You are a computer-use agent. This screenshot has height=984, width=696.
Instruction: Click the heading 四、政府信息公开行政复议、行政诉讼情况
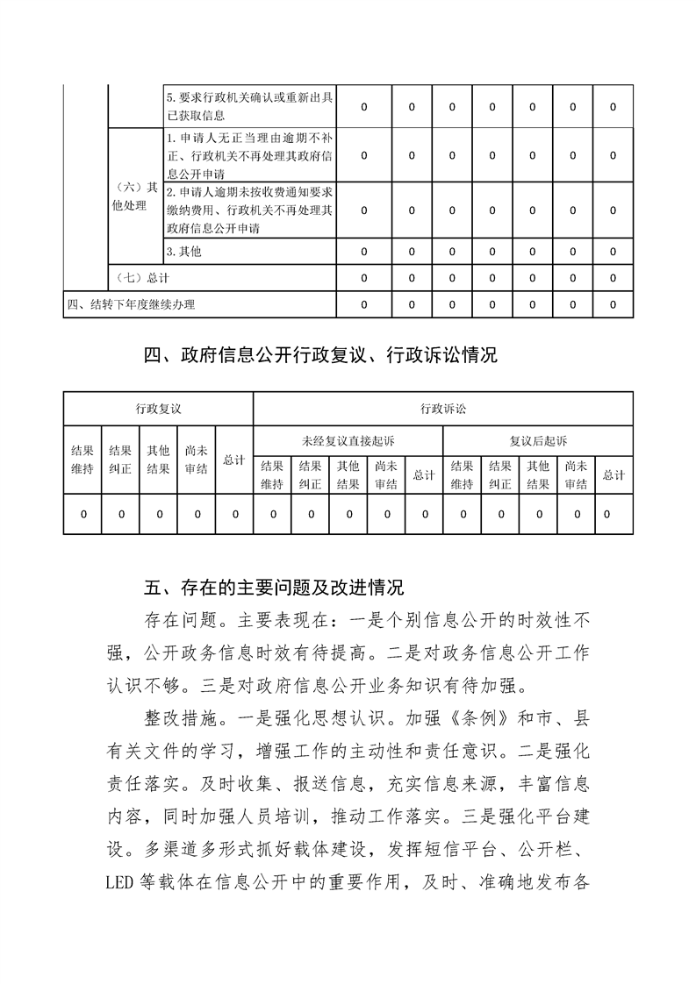click(x=320, y=356)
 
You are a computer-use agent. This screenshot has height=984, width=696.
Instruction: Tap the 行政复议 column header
click(x=158, y=409)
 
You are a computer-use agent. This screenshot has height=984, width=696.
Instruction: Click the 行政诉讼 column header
click(x=443, y=409)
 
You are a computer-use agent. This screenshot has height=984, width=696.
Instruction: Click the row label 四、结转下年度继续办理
click(x=131, y=304)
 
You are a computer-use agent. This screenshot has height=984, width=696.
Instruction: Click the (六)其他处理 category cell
click(x=135, y=196)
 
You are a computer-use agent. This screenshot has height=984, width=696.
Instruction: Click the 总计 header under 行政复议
click(x=233, y=460)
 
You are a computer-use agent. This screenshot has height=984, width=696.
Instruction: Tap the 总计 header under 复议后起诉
click(x=613, y=474)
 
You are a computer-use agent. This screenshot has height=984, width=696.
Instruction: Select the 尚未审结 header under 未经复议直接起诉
click(x=386, y=474)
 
